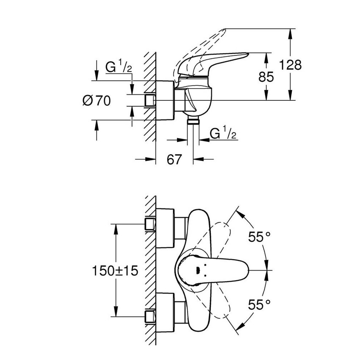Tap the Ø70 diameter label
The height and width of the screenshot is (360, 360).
(97, 101)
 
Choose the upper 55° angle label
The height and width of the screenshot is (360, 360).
(259, 237)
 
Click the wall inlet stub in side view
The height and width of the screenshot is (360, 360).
(149, 100)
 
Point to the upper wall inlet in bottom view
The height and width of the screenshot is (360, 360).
(150, 224)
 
